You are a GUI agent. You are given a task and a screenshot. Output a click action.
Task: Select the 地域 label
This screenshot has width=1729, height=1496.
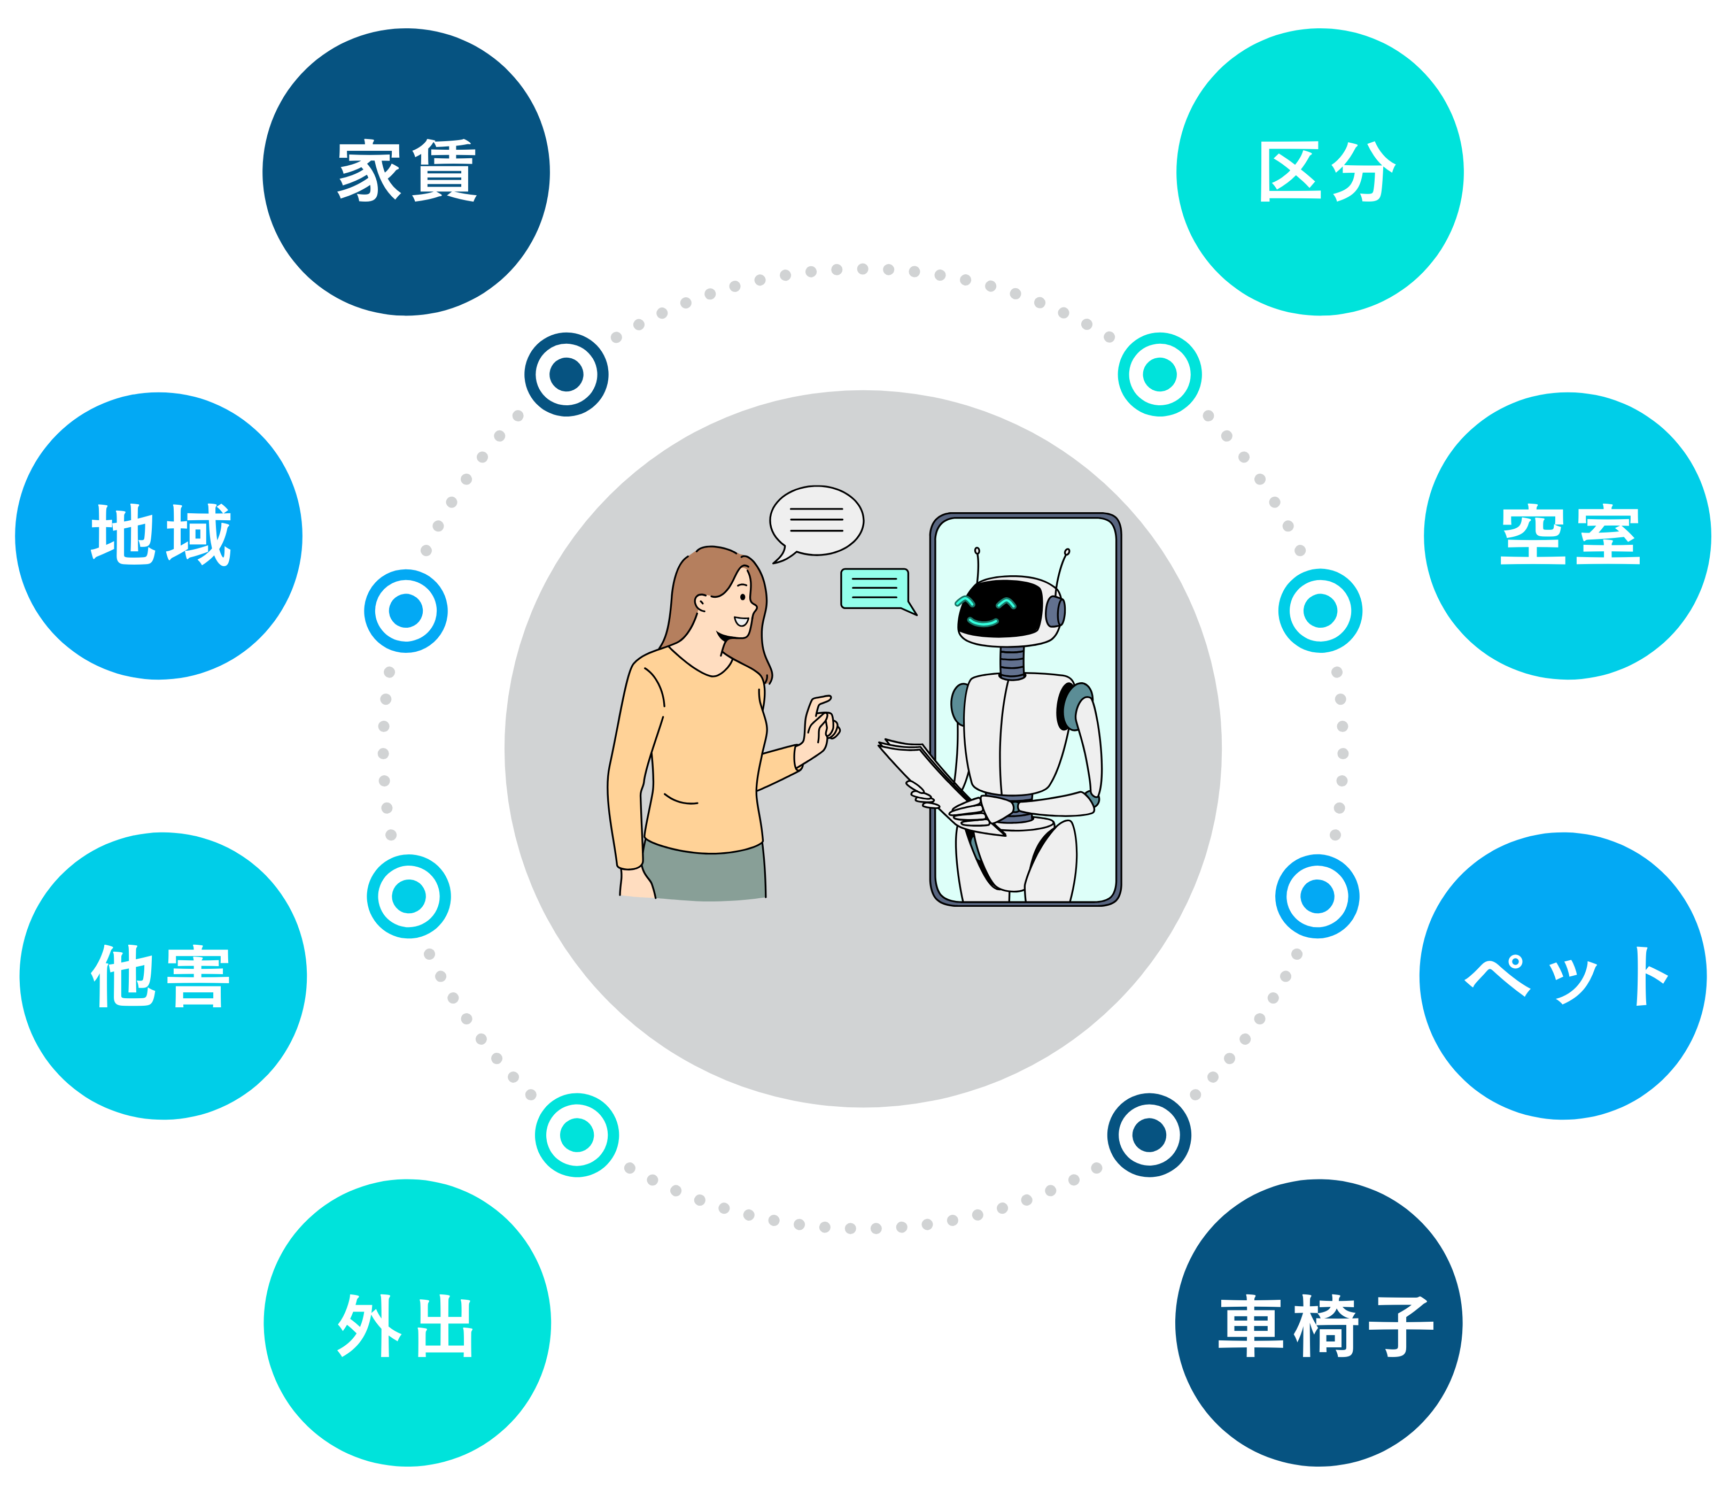[160, 535]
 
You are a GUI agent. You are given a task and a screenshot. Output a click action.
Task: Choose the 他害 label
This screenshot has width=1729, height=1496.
[160, 976]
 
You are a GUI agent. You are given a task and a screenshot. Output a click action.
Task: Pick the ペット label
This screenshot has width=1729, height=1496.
[1567, 976]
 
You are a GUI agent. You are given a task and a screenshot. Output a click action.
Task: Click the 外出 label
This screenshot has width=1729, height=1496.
[406, 1327]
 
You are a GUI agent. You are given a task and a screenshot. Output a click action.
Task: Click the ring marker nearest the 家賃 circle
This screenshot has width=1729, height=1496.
[566, 374]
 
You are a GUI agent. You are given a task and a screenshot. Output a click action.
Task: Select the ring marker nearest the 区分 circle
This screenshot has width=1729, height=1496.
[1159, 374]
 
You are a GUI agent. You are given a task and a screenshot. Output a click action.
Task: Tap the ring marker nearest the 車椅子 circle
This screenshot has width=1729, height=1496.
[1149, 1135]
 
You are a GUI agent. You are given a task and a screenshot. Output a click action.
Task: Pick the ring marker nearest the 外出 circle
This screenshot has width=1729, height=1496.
[577, 1135]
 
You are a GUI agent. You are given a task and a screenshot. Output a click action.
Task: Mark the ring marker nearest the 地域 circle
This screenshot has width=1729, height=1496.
[406, 611]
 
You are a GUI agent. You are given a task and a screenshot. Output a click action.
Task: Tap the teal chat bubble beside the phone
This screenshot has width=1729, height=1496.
[874, 589]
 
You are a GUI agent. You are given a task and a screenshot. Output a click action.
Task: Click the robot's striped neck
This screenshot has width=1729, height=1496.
[1011, 662]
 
